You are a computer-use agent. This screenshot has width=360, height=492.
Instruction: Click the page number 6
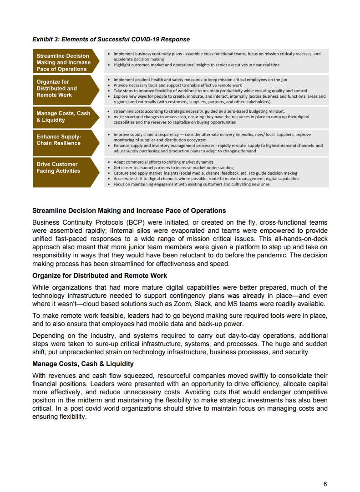325,484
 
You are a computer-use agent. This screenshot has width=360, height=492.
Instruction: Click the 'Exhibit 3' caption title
111,40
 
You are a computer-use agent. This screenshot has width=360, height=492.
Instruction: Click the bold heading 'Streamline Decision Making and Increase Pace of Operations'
129,211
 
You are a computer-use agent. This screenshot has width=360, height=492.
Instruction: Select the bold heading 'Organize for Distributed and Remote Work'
100,276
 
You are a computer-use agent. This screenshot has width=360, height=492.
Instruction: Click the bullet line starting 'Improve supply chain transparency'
212,135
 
